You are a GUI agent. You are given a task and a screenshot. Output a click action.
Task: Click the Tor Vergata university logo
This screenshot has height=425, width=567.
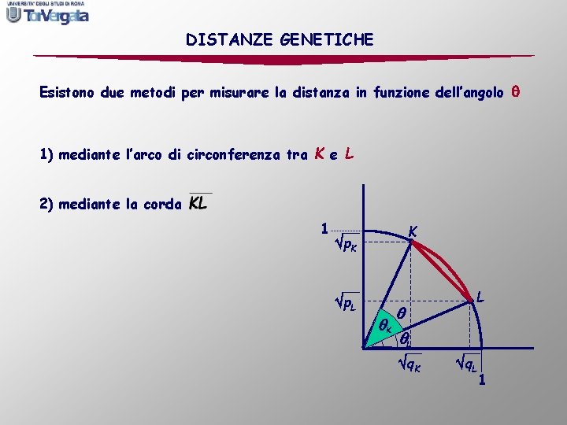pos(47,13)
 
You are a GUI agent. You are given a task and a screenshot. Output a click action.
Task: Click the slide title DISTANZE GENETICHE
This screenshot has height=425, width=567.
pos(280,39)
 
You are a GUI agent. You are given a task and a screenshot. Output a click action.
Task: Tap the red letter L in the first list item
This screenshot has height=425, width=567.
pos(348,153)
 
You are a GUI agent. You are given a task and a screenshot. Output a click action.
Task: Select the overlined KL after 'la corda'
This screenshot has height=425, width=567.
pos(199,203)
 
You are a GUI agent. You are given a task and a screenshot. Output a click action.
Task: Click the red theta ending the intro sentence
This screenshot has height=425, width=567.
pos(516,92)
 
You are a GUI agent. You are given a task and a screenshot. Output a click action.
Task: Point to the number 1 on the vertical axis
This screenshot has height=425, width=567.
pos(324,229)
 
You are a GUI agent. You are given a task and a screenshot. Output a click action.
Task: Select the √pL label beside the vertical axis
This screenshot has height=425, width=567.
pos(346,303)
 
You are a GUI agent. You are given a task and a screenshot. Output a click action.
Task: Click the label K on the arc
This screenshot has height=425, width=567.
pos(413,231)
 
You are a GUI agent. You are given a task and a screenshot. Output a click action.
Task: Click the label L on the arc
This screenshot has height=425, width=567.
pos(480,298)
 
